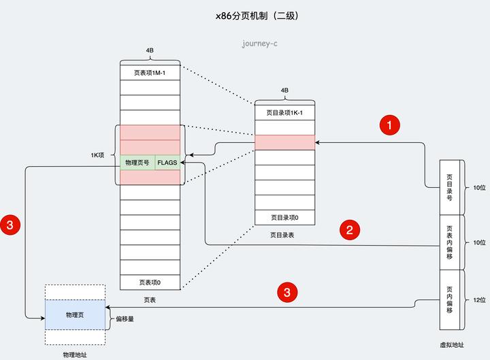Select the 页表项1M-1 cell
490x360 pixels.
coord(150,73)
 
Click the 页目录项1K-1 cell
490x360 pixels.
coord(284,112)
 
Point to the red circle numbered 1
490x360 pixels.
coord(389,125)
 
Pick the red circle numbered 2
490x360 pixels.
coord(349,229)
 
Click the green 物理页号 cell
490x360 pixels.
coord(137,163)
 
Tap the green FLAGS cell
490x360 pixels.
coord(167,163)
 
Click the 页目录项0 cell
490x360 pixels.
coord(284,218)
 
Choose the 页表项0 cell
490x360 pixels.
coord(150,282)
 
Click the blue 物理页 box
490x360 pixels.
coord(75,315)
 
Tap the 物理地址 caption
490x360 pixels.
coord(75,355)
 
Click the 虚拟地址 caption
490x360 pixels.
coord(453,345)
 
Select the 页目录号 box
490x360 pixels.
coord(450,187)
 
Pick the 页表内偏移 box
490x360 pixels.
coord(450,242)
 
